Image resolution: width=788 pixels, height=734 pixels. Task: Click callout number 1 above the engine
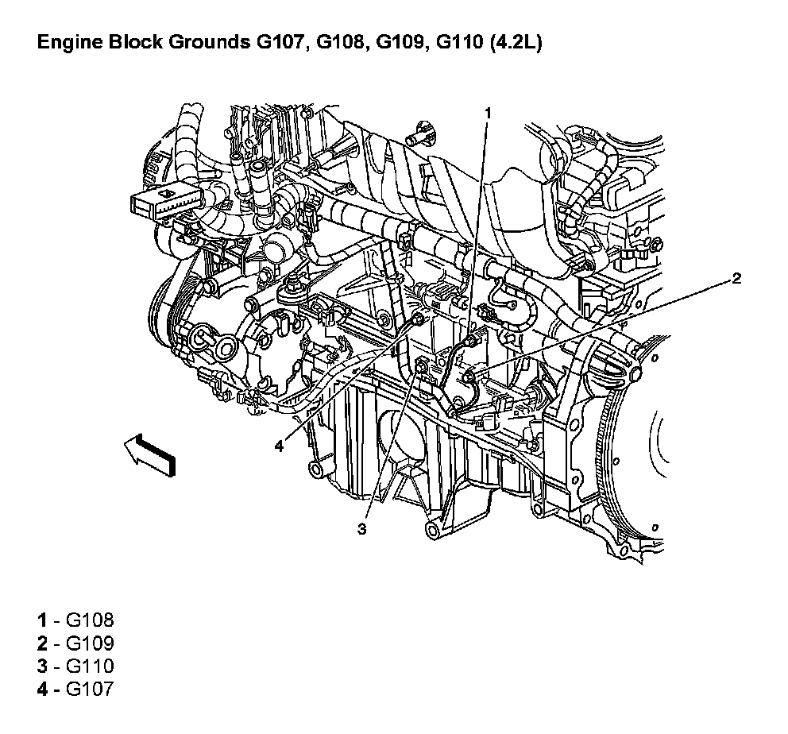click(x=487, y=114)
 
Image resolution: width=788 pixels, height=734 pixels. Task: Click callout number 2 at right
click(x=736, y=278)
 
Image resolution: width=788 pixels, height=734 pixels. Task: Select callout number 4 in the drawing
click(x=280, y=446)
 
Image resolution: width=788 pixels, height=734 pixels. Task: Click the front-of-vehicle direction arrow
click(x=150, y=454)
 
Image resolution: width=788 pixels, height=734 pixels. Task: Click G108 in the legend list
click(x=90, y=620)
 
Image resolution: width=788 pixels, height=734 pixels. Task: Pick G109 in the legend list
click(x=90, y=643)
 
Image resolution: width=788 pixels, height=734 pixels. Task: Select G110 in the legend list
click(x=90, y=666)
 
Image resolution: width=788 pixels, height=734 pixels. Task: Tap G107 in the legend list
click(x=90, y=688)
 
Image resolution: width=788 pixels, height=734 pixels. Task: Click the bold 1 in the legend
click(x=42, y=620)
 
